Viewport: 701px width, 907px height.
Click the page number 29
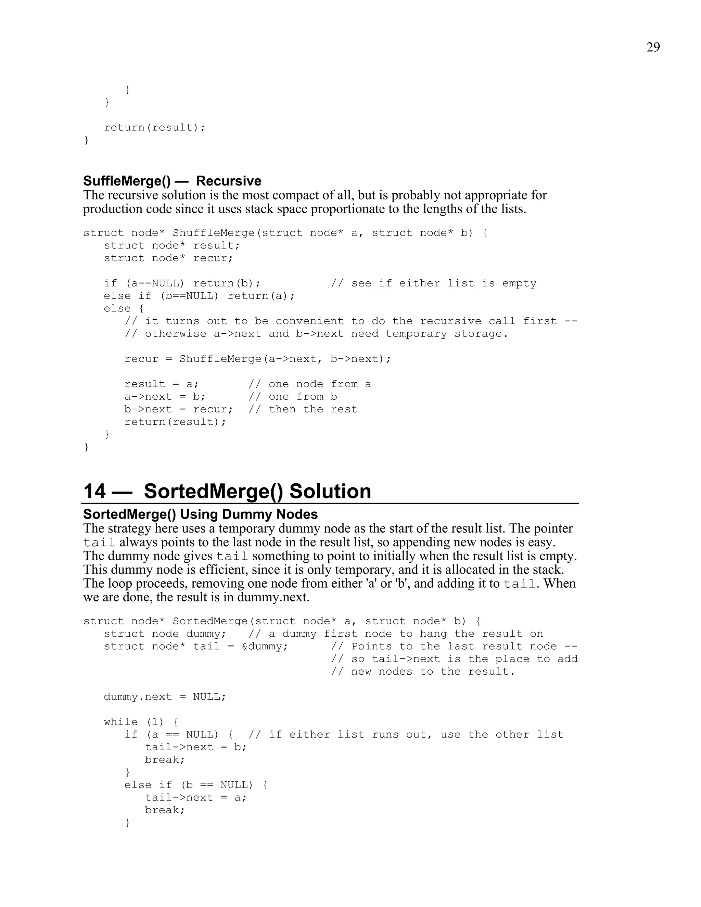pos(653,47)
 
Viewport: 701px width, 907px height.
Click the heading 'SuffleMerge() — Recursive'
pos(172,181)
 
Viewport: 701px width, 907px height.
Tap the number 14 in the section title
pos(95,491)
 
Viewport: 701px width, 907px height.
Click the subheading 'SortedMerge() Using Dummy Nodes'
pos(200,514)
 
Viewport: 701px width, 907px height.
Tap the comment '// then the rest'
pos(303,409)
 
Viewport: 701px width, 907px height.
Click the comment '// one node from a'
pos(309,384)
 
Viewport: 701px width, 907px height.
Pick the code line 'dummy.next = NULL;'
pos(165,697)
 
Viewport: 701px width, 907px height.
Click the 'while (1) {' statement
pos(141,722)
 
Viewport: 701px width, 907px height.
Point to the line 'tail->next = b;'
pos(195,747)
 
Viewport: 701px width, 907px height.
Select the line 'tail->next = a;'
pos(195,797)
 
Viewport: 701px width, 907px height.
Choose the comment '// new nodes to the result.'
pos(423,672)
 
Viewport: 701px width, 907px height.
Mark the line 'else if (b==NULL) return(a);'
pos(199,296)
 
